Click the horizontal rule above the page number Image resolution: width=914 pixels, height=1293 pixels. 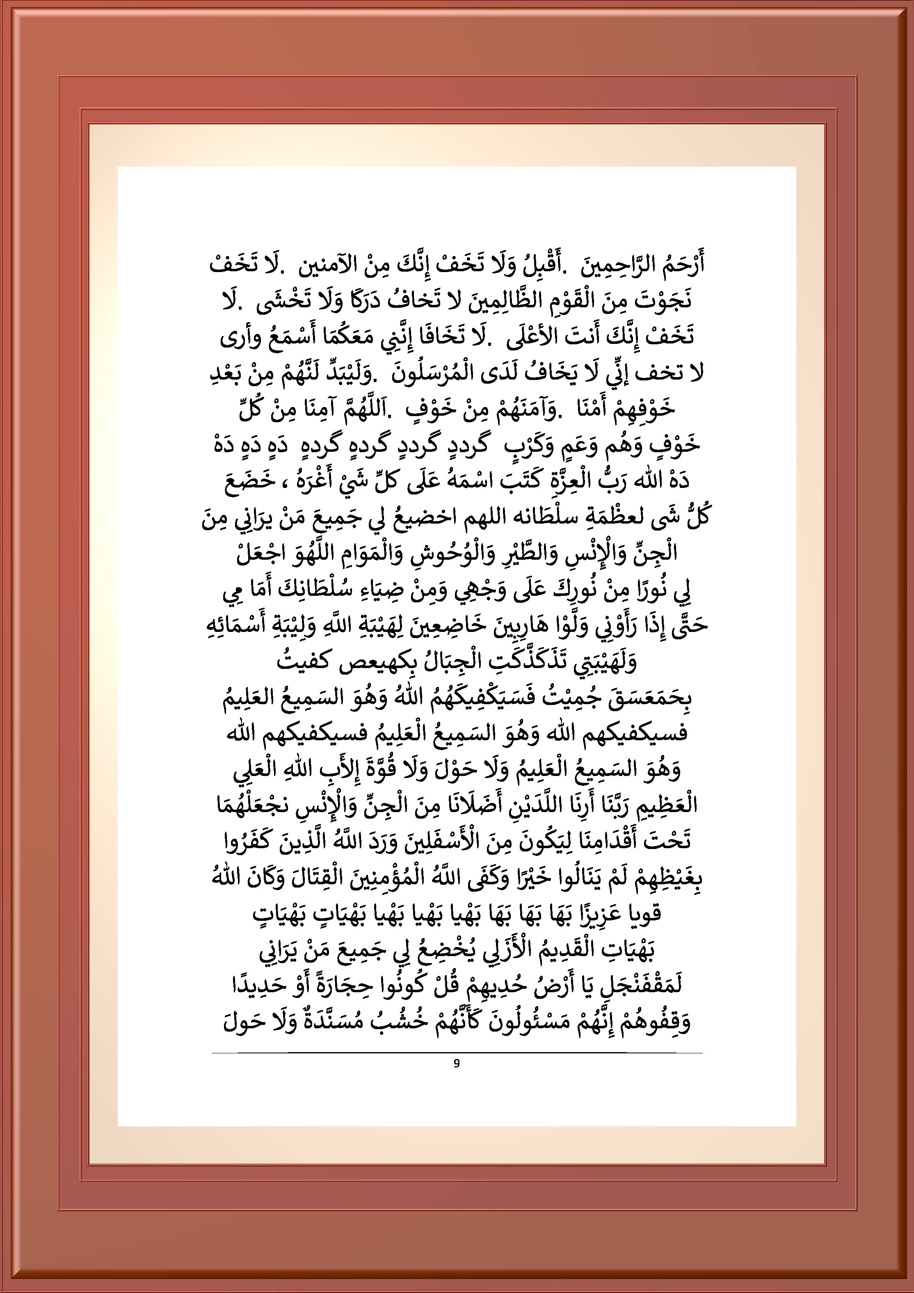(457, 1052)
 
